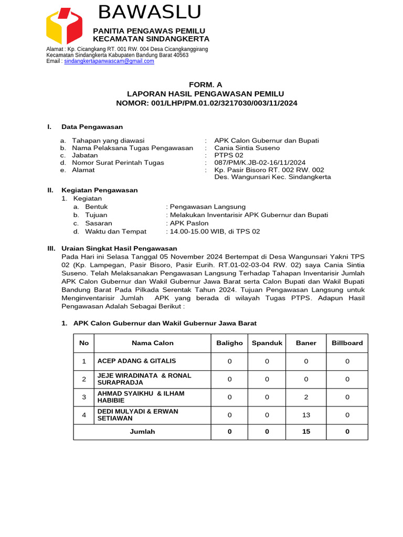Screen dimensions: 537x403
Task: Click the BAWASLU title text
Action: (150, 12)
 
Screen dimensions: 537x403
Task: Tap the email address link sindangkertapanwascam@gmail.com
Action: (109, 61)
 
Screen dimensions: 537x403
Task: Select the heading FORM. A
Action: (206, 84)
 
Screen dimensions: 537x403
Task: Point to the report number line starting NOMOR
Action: (206, 103)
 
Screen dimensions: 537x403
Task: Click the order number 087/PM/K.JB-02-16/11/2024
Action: (260, 163)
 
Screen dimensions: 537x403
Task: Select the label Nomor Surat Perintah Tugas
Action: (118, 163)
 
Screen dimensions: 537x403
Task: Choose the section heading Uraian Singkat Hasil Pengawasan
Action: (119, 248)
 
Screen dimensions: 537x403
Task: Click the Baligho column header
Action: (229, 343)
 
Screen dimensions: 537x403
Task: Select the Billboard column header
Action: (347, 343)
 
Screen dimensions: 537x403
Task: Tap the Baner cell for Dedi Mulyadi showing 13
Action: (306, 415)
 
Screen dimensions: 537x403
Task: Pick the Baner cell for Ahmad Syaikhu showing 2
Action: (306, 397)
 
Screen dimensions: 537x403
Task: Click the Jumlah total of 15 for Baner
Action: (306, 432)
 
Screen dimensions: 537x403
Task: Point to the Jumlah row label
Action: (142, 432)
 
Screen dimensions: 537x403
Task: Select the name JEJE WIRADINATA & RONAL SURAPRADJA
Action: (144, 379)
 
